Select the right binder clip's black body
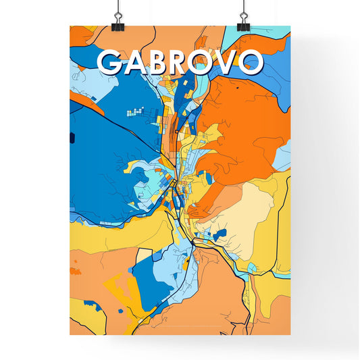243,26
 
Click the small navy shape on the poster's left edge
72,138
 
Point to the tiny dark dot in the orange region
238,87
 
